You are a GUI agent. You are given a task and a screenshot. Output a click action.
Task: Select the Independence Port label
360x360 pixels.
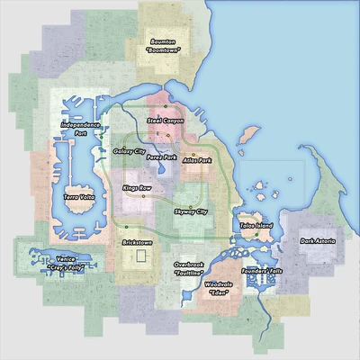pyautogui.click(x=80, y=128)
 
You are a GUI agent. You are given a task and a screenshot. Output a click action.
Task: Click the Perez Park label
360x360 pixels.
pyautogui.click(x=162, y=157)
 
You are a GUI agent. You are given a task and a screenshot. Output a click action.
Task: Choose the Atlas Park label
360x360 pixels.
pyautogui.click(x=196, y=159)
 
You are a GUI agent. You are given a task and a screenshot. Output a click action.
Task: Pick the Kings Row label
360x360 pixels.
pyautogui.click(x=138, y=188)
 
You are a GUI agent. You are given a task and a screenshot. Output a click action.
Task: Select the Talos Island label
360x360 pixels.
pyautogui.click(x=256, y=225)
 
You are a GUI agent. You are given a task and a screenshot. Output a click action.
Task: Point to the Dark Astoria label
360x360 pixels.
pyautogui.click(x=319, y=240)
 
